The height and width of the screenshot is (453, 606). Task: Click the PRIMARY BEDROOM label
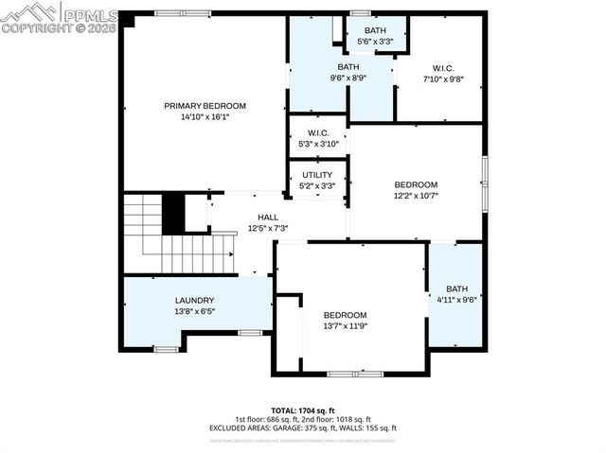point(205,106)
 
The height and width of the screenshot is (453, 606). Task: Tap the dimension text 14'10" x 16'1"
point(205,117)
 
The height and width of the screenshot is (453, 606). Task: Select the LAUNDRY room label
point(168,301)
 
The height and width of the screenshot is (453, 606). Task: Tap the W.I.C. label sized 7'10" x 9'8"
point(443,67)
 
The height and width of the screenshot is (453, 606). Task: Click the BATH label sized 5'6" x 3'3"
point(376,30)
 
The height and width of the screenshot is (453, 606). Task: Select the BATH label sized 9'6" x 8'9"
point(349,67)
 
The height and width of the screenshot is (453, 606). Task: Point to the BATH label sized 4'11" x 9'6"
point(457,289)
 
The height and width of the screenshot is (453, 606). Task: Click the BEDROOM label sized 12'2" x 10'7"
point(416,184)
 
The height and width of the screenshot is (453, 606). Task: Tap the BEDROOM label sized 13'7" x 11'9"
point(345,315)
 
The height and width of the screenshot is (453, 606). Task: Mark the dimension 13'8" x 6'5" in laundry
point(168,311)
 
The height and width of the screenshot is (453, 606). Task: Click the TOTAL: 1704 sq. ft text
point(303,409)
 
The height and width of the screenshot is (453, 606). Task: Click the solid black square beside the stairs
point(173,213)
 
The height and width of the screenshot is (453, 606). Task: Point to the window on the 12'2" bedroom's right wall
point(484,172)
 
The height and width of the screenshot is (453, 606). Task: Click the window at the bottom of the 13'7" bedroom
point(354,374)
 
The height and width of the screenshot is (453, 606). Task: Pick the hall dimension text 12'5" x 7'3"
point(268,228)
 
